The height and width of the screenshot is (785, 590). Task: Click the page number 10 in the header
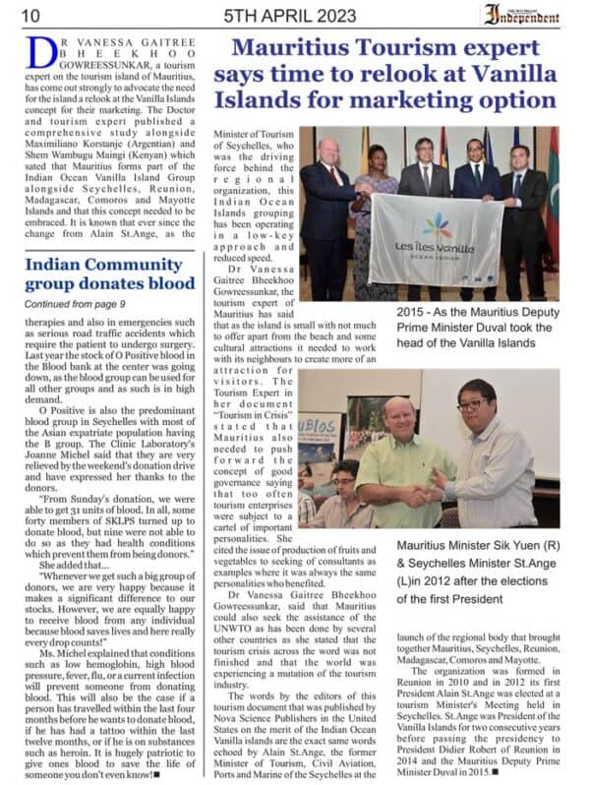tap(29, 15)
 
